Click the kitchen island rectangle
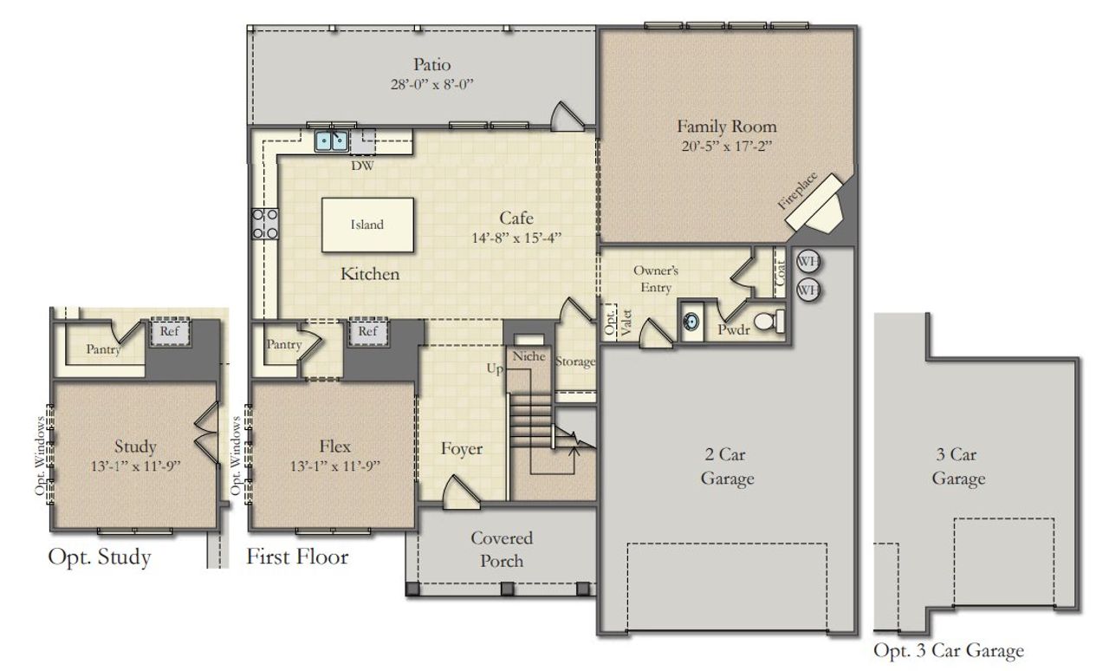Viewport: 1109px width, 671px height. point(367,225)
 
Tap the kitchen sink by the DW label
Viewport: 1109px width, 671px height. point(331,140)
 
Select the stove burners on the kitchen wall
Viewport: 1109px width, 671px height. point(264,223)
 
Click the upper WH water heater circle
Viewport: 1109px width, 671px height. point(807,262)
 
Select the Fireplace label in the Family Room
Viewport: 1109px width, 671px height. point(797,190)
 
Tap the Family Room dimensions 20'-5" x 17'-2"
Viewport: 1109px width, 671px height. point(726,147)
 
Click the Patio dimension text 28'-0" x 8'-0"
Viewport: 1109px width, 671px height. point(431,85)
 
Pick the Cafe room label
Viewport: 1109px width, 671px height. point(516,218)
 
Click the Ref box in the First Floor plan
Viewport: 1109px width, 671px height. point(368,331)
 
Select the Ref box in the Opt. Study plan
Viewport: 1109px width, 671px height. point(169,331)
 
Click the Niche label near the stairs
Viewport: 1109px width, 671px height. point(529,356)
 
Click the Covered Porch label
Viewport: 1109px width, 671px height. point(502,550)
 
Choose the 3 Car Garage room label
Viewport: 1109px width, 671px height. point(958,466)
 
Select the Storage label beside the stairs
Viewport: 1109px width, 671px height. point(575,362)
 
